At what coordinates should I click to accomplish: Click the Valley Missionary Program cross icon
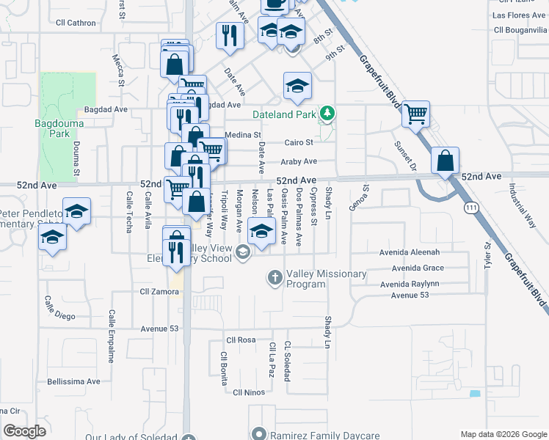coord(275,277)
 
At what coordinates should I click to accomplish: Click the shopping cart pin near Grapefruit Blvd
coord(415,114)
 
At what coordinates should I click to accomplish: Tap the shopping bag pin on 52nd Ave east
coord(446,160)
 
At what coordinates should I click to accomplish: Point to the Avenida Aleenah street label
coord(410,252)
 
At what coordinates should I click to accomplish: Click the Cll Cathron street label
coord(75,23)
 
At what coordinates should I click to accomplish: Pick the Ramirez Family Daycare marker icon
coord(258,434)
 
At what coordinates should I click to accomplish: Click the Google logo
coord(24,431)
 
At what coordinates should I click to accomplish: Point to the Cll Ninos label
coord(248,392)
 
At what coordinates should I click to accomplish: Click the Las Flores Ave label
coord(518,15)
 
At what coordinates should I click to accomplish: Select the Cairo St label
coord(299,142)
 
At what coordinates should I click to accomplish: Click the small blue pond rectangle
coord(475,394)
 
